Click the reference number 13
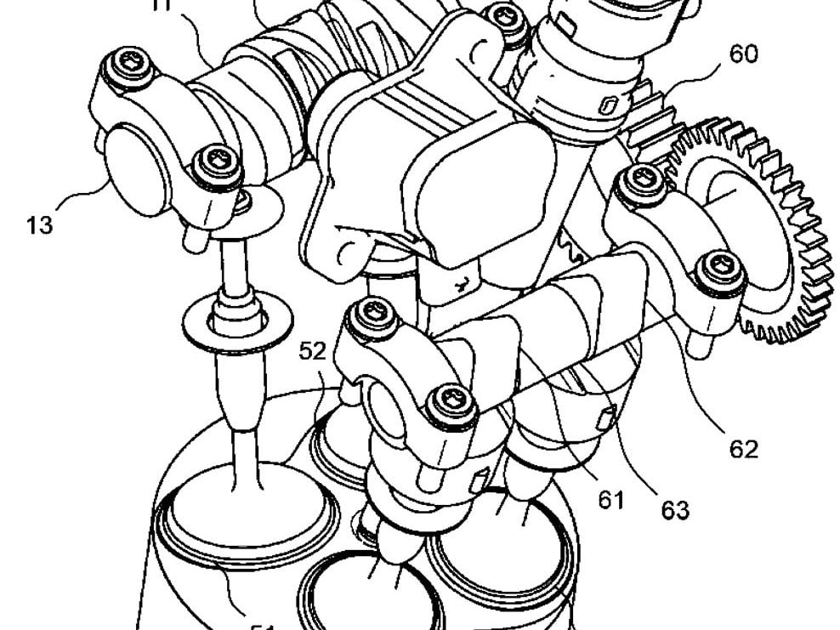(x=39, y=225)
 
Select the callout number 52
(x=312, y=349)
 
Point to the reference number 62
(x=742, y=449)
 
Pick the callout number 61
(x=610, y=500)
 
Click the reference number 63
(x=675, y=510)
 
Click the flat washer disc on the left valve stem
(x=225, y=326)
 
